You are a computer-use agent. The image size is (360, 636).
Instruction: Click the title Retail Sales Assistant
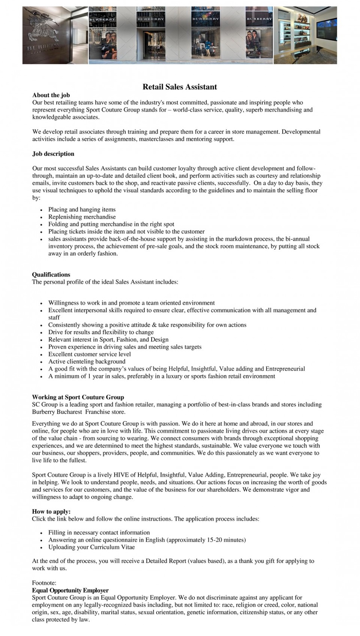coord(179,87)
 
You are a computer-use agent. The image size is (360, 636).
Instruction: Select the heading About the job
coord(51,95)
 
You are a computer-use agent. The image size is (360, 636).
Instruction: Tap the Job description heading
coord(53,154)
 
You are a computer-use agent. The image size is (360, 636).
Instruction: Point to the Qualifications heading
coord(51,275)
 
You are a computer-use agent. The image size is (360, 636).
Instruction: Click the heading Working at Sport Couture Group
coord(78,397)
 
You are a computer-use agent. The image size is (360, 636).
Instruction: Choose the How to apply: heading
coord(51,512)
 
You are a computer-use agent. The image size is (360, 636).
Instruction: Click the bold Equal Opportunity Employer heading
coord(70,591)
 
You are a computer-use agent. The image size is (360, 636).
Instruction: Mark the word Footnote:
coord(44,583)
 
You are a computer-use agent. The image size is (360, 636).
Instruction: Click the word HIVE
coord(121,475)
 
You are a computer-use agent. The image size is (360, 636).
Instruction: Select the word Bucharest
coord(69,412)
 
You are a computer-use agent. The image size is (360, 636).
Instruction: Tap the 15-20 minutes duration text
coord(225,540)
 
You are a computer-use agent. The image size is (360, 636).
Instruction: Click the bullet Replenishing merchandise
coord(82,217)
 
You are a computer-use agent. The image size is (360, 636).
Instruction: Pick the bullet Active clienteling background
coord(87,362)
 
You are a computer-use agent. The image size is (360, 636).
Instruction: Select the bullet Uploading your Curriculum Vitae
coord(91,547)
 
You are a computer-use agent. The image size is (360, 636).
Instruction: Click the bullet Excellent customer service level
coord(89,354)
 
